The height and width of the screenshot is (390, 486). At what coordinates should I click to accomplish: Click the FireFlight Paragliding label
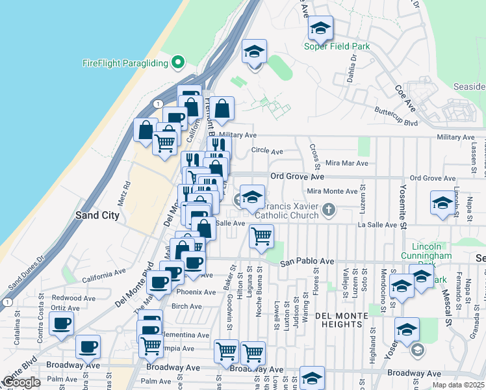125,63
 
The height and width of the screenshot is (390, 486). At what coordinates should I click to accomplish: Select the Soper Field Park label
337,46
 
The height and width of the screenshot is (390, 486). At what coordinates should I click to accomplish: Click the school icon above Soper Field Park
320,29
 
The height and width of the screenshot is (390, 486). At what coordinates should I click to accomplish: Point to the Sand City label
97,215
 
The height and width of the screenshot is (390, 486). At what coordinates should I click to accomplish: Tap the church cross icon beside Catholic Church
329,209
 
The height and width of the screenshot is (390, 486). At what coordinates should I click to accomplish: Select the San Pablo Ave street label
307,262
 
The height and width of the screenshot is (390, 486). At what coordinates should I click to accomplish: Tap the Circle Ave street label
267,151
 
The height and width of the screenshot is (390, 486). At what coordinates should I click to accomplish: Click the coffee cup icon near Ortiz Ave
62,324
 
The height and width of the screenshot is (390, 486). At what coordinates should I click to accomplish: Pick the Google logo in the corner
21,382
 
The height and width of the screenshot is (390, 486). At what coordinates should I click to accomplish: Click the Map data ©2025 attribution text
458,385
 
